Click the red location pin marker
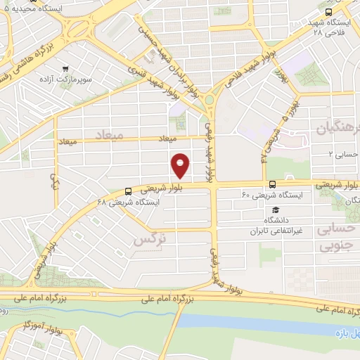(x=181, y=165)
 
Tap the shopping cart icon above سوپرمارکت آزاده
(x=65, y=69)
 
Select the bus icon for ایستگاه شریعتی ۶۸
(x=128, y=191)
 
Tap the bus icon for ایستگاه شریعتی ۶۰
(x=271, y=184)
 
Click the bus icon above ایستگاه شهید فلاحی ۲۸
(x=329, y=12)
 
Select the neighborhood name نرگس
(x=150, y=240)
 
